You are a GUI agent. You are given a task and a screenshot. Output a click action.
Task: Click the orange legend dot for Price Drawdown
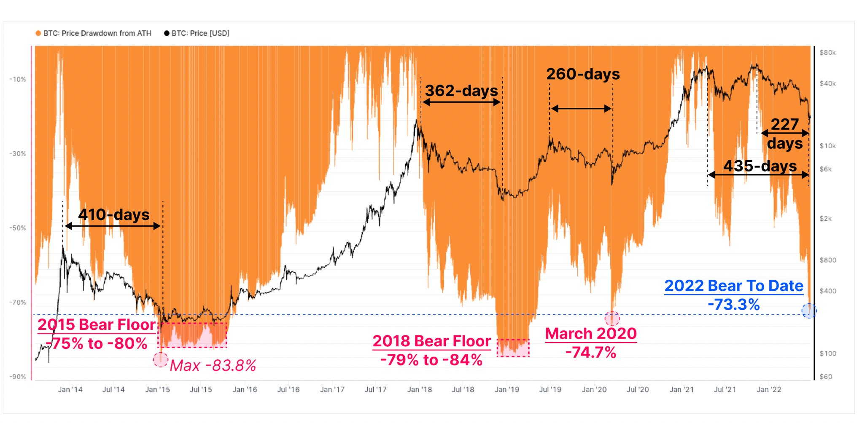38,33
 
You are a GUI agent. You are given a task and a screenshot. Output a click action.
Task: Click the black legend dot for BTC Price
167,33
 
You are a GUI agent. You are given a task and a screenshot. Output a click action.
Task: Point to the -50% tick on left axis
18,228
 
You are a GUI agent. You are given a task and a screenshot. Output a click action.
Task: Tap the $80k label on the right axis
827,53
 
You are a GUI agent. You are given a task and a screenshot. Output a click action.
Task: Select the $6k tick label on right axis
826,169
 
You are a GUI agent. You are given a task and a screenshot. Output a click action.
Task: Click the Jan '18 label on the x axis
419,390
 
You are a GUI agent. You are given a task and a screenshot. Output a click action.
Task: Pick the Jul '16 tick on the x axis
288,390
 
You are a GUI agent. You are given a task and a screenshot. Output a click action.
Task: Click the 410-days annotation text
114,215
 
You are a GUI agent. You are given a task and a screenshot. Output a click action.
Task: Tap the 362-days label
461,91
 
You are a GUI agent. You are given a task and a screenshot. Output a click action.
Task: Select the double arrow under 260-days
581,109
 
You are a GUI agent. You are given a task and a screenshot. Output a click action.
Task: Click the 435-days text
760,166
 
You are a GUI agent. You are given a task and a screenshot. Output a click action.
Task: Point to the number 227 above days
784,124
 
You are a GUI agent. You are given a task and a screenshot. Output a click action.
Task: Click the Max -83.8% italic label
213,366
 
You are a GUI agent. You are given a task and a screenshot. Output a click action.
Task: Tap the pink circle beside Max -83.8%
160,359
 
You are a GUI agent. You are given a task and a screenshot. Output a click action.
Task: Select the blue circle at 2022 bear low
808,311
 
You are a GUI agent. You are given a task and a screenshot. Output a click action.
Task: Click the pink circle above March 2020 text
612,319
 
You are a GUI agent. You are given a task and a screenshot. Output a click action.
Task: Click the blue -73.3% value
734,305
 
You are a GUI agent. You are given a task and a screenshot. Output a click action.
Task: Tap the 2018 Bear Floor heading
431,341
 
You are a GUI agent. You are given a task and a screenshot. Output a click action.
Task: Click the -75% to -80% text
97,344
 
